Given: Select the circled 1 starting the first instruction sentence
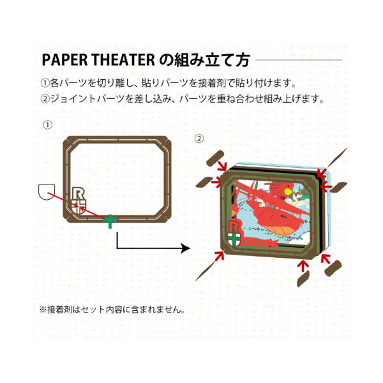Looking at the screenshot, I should click(44, 84).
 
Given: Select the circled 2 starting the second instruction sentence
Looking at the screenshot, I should click(44, 99).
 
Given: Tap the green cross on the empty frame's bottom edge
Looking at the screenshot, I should click(110, 221).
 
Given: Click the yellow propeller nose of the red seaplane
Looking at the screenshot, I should click(288, 190).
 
